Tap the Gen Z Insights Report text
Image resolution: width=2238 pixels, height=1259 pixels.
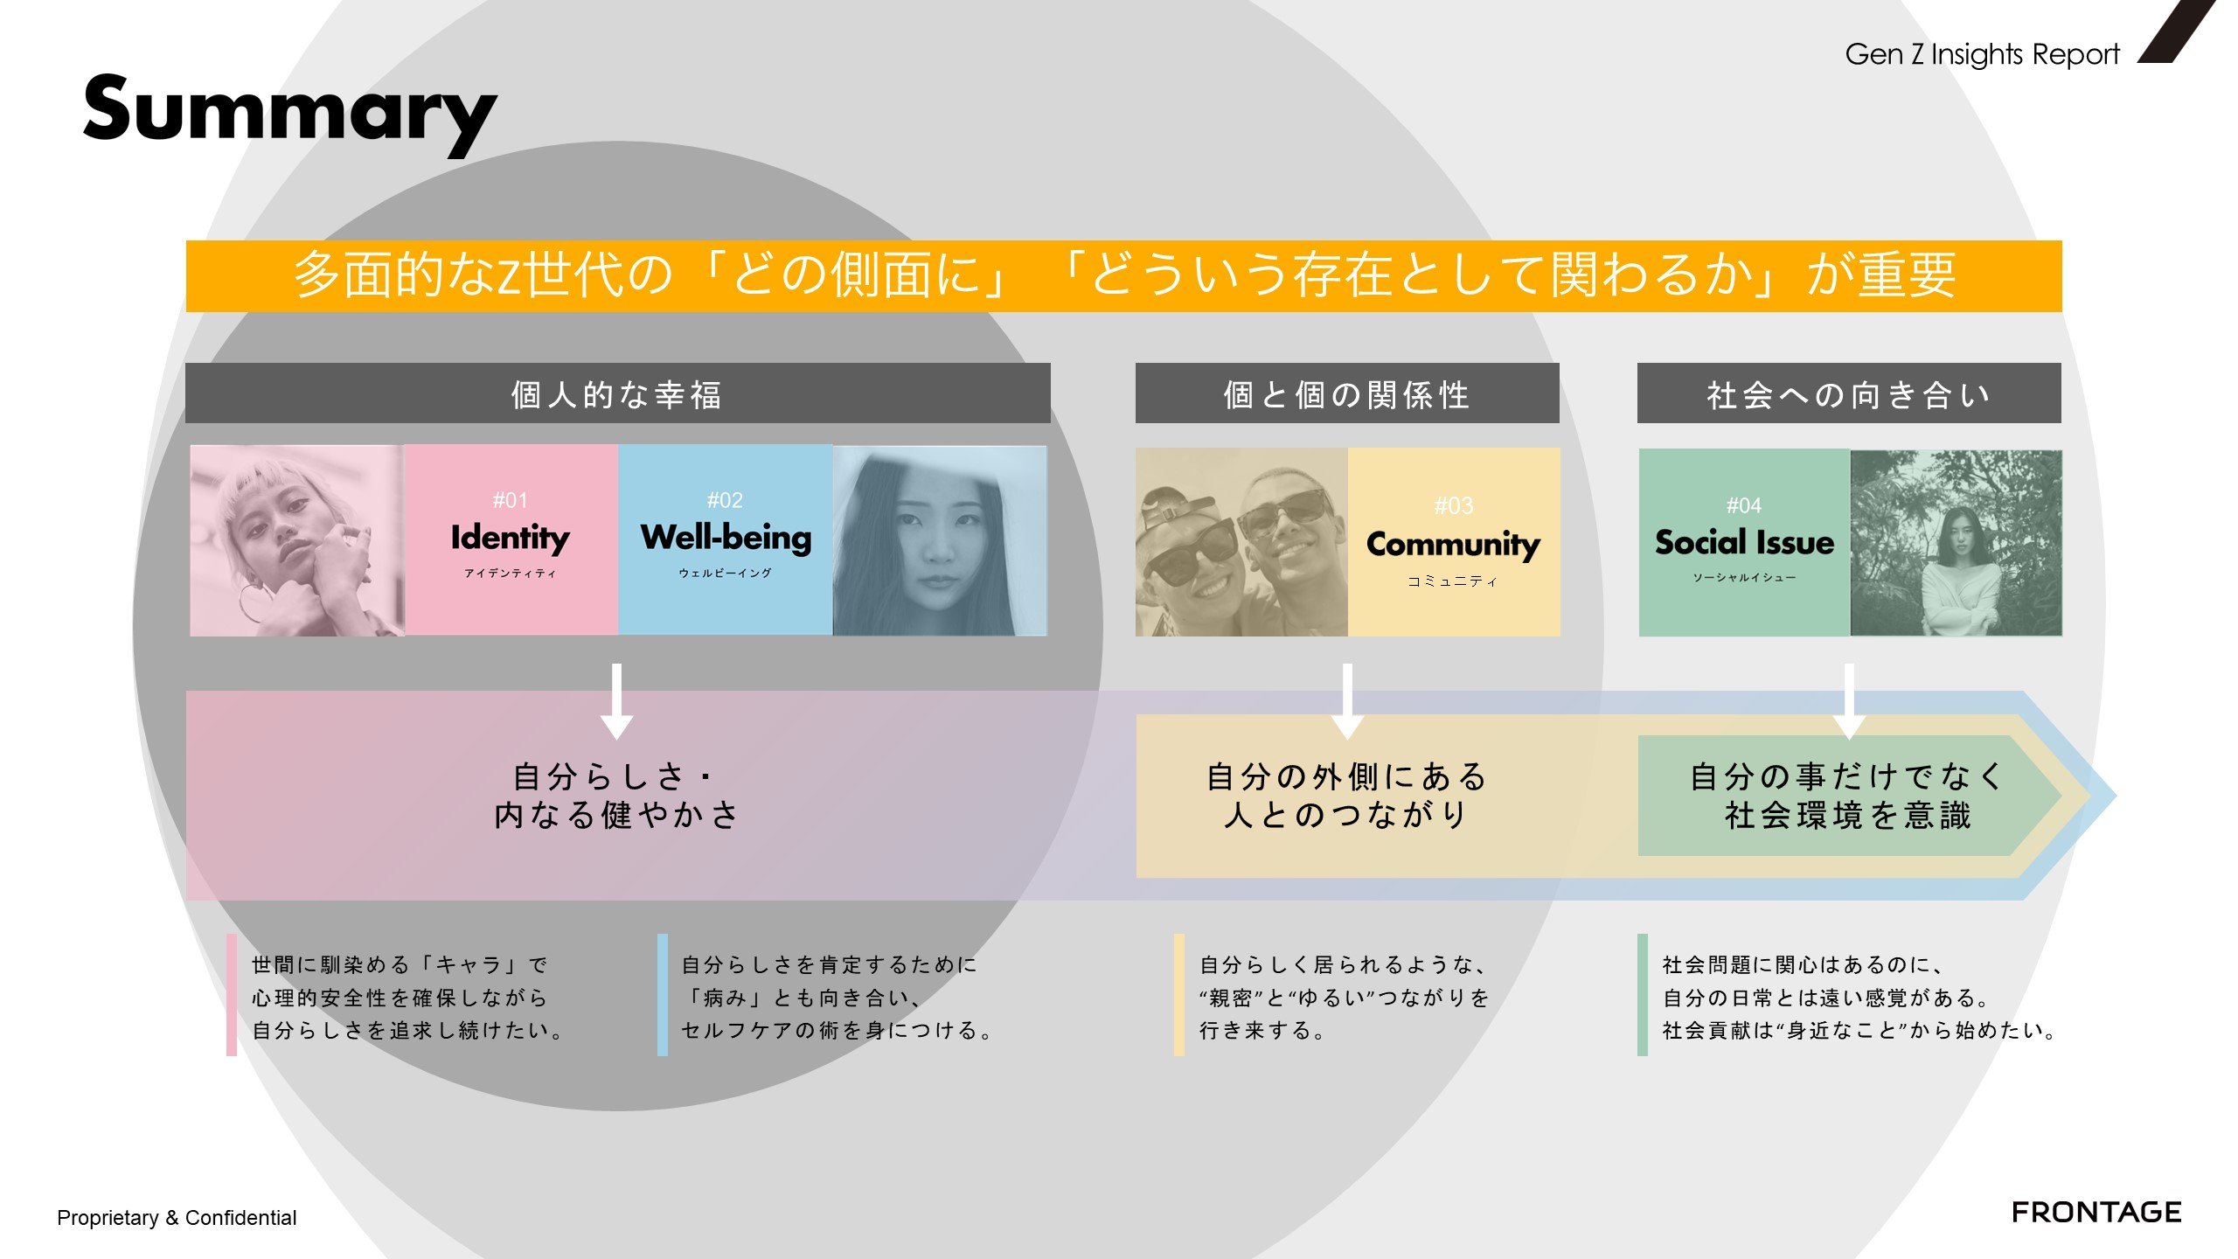(x=1982, y=54)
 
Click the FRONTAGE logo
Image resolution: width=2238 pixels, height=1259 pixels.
(x=2096, y=1212)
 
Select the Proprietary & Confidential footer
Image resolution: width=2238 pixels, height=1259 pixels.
(x=177, y=1218)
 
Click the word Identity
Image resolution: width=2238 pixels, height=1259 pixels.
(x=511, y=537)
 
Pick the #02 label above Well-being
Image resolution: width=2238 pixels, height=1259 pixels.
(x=725, y=500)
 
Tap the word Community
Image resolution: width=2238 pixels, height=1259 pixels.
(x=1453, y=545)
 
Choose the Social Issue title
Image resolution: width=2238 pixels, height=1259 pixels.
(x=1744, y=542)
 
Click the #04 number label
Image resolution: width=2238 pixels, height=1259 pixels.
(x=1744, y=505)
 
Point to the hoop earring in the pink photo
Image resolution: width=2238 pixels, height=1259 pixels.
(x=253, y=602)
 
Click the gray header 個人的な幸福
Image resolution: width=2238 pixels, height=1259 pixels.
(x=617, y=393)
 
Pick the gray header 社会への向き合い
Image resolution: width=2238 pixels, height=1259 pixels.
(x=1849, y=393)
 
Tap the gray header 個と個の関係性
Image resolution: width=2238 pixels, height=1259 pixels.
(x=1347, y=393)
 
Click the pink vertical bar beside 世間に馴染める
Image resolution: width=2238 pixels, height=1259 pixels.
(x=232, y=995)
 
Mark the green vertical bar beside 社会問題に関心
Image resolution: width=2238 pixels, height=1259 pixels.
(x=1643, y=995)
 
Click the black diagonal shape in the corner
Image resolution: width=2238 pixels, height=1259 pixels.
(x=2177, y=31)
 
